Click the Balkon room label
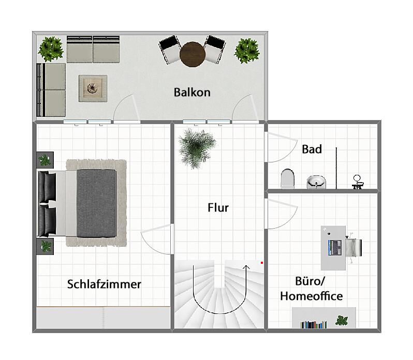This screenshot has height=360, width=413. coord(192,93)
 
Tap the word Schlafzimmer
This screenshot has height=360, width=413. coord(104,284)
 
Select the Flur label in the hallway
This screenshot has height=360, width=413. coord(217,208)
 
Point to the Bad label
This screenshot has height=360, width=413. coord(312,149)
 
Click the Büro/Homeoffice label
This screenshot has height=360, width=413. coord(311,289)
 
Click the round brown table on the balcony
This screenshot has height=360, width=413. coord(192,53)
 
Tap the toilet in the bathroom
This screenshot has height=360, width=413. coord(287,178)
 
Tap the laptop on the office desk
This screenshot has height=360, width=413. coord(334,247)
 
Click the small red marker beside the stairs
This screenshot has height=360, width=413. coord(262,263)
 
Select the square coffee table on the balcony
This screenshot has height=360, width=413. coord(93,88)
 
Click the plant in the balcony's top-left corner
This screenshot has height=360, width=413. coord(51,49)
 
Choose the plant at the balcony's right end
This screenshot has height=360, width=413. coord(246,51)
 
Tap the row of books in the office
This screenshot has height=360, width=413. coord(313,324)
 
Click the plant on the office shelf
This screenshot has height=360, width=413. coord(342,320)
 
